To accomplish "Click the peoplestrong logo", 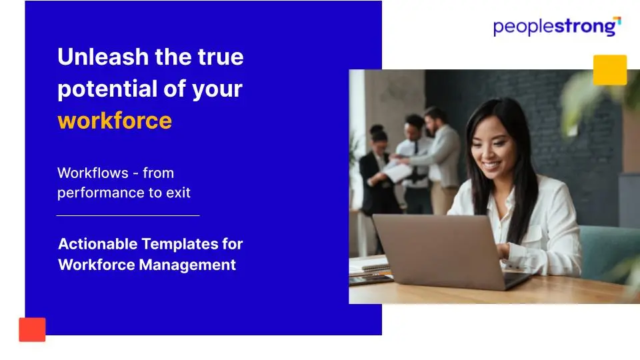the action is pyautogui.click(x=557, y=27).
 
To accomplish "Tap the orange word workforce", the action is pyautogui.click(x=115, y=121).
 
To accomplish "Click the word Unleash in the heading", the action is pyautogui.click(x=103, y=56).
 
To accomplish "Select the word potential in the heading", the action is pyautogui.click(x=107, y=89).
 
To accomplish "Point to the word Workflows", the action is pyautogui.click(x=93, y=173).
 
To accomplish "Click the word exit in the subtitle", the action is pyautogui.click(x=178, y=192).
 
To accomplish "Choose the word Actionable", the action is pyautogui.click(x=98, y=244).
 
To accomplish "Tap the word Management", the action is pyautogui.click(x=187, y=265).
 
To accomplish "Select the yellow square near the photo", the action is pyautogui.click(x=610, y=70).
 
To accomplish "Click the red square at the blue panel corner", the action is pyautogui.click(x=32, y=329).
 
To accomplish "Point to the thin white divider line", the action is pyautogui.click(x=128, y=215).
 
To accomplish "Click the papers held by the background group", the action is pyautogui.click(x=397, y=171).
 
